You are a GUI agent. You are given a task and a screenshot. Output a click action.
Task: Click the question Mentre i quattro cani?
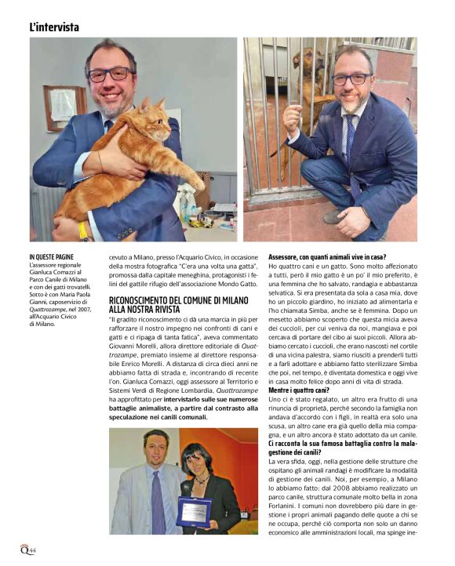tap(298, 390)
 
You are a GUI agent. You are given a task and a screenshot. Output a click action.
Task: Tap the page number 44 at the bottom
tap(33, 552)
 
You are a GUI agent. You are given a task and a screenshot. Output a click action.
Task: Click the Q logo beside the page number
tap(24, 550)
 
